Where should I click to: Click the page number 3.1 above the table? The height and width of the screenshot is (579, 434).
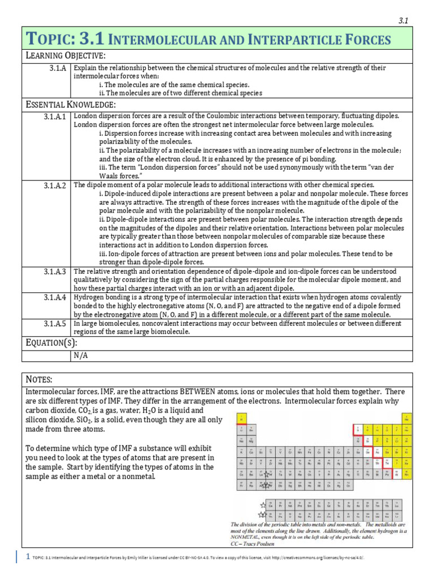click(403, 20)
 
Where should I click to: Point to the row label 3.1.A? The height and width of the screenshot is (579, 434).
click(58, 68)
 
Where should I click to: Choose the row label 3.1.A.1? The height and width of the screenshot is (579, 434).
click(55, 116)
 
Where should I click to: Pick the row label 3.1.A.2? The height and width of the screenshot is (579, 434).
click(55, 185)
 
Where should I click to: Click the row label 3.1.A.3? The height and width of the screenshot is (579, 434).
click(55, 272)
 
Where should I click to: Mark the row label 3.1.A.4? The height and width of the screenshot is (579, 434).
click(55, 297)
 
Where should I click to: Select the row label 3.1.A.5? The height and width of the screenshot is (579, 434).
click(55, 324)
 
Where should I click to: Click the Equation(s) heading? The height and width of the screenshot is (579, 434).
click(51, 343)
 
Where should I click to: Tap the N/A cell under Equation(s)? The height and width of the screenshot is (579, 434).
click(81, 356)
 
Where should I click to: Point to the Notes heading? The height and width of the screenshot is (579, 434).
click(40, 378)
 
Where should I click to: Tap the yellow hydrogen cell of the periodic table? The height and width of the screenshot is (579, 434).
click(242, 420)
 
